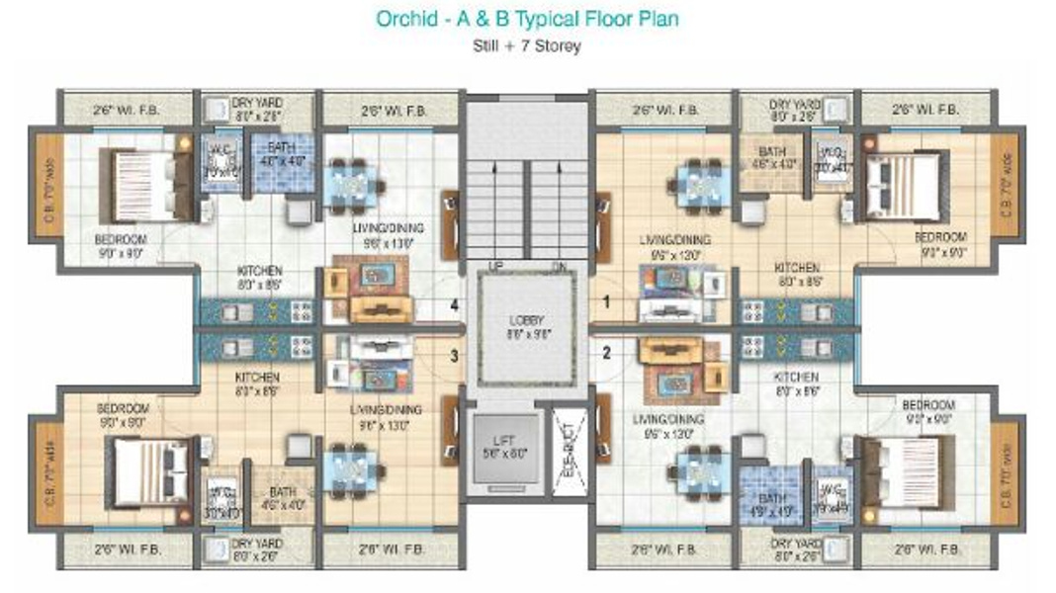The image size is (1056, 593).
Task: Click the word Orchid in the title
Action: click(403, 19)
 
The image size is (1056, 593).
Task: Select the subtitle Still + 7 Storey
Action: click(526, 45)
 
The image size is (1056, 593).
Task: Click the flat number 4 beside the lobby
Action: click(455, 305)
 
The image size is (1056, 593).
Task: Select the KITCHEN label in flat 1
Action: click(796, 268)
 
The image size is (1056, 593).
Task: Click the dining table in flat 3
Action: click(353, 466)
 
